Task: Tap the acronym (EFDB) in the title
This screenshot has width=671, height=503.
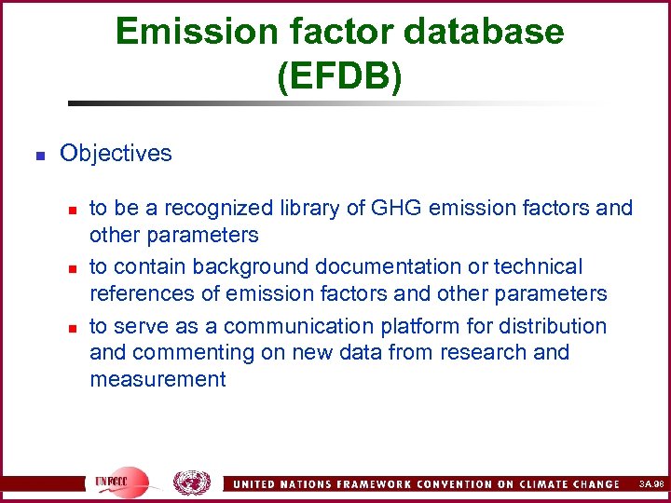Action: click(x=339, y=75)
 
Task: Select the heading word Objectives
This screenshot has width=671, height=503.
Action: click(x=116, y=153)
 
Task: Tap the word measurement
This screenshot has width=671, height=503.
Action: click(x=157, y=379)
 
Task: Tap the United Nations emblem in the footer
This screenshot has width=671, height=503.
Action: click(x=192, y=483)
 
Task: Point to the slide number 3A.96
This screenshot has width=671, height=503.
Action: click(x=651, y=484)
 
